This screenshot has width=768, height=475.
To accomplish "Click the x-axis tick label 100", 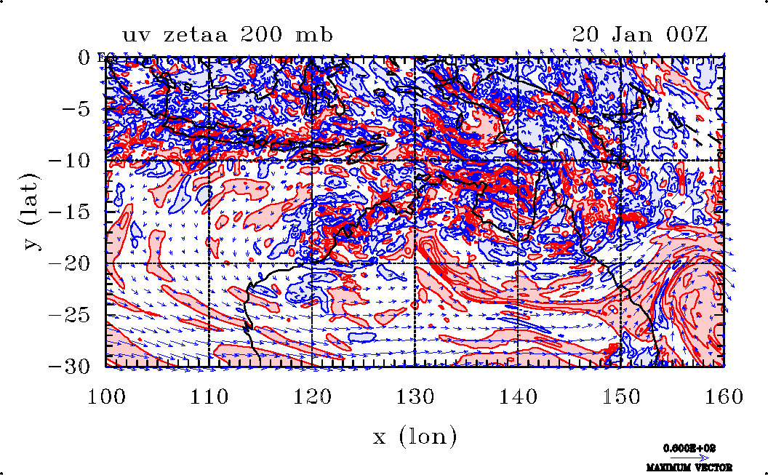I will click(106, 396).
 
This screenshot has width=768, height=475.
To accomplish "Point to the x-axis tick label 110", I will click(209, 396).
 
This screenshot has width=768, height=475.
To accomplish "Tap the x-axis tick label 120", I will click(311, 396).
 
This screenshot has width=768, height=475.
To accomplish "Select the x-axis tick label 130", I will click(415, 396).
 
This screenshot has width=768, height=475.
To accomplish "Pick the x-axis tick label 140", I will click(517, 396).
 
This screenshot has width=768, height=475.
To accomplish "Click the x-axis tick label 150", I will click(620, 396).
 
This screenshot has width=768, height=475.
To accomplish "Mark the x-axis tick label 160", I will click(723, 396).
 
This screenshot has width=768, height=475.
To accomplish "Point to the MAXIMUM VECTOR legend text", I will click(689, 467).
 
